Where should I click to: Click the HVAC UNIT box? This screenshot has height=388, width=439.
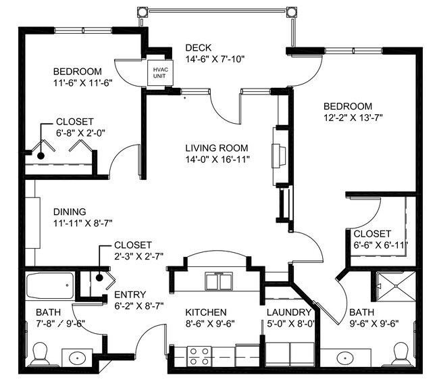pos(160,73)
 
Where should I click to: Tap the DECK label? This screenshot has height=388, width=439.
pos(199,47)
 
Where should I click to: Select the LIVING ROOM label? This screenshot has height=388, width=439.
pos(217,148)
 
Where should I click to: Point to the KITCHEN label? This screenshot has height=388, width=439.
pos(206,312)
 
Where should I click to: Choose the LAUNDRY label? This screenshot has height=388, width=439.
pos(288,312)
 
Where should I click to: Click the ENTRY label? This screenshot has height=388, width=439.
pos(128,295)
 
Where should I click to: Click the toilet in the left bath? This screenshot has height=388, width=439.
pos(39,354)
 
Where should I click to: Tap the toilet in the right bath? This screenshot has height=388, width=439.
pos(401,352)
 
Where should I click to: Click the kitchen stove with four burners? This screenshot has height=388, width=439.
pos(199,356)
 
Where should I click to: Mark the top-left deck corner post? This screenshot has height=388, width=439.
pos(143,12)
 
